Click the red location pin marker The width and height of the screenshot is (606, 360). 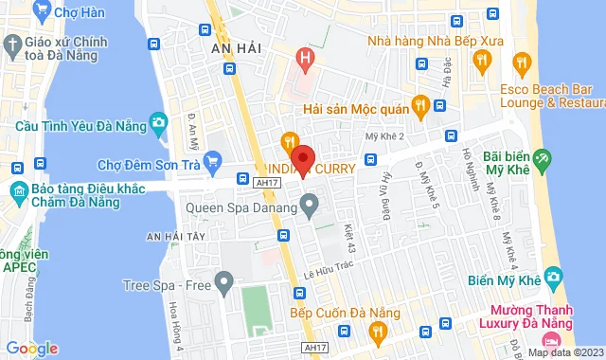302,157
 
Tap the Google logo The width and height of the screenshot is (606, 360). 31,349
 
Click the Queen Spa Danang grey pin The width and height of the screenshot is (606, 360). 309,203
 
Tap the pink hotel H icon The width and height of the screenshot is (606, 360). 304,59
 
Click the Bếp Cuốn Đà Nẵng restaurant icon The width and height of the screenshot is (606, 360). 378,331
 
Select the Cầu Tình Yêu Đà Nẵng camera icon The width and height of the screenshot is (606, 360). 159,121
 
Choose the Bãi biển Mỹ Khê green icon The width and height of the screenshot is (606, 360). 541,158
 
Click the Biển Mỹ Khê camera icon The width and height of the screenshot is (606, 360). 553,279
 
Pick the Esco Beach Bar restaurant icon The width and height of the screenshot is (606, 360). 521,63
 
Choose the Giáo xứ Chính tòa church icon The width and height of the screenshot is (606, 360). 11,45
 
